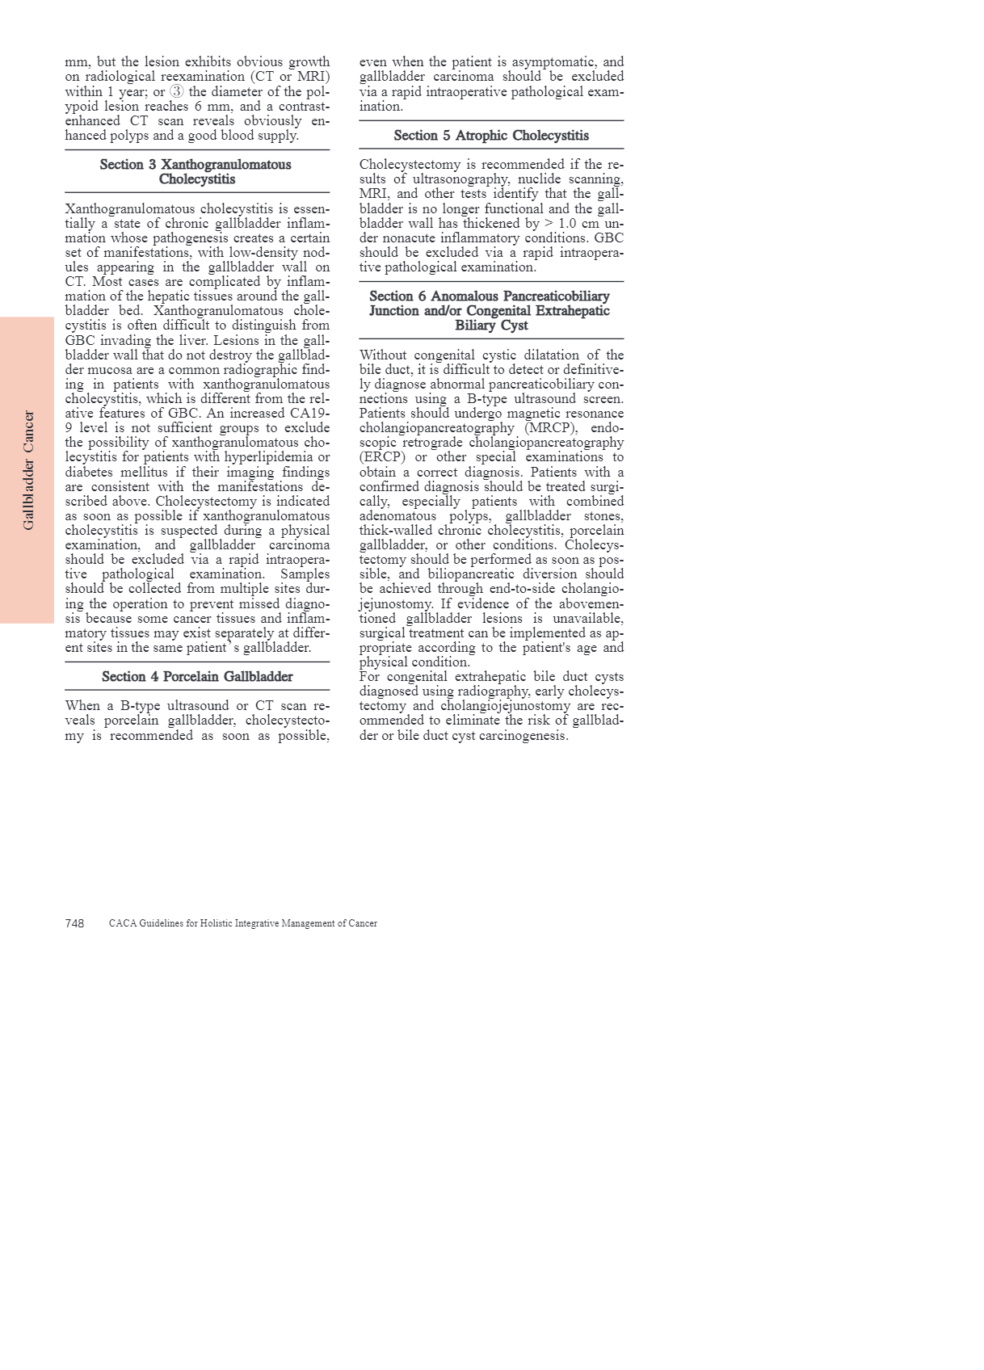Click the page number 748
[74, 923]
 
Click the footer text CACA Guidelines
[242, 923]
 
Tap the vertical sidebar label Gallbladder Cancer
[29, 470]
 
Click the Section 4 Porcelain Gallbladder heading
[197, 676]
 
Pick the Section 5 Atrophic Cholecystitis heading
[491, 135]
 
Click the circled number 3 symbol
[177, 91]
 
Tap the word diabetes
[93, 472]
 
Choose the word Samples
[305, 574]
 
